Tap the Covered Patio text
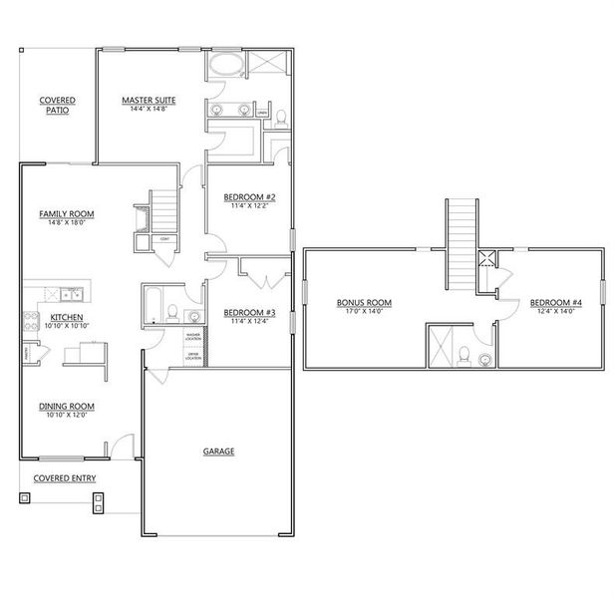point(57,106)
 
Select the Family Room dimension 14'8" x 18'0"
point(67,224)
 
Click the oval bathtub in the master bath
point(225,68)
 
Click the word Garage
point(219,451)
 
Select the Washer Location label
point(193,336)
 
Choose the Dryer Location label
point(193,356)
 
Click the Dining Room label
point(67,406)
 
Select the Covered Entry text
point(65,478)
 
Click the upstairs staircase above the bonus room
point(461,239)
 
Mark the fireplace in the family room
point(140,217)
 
